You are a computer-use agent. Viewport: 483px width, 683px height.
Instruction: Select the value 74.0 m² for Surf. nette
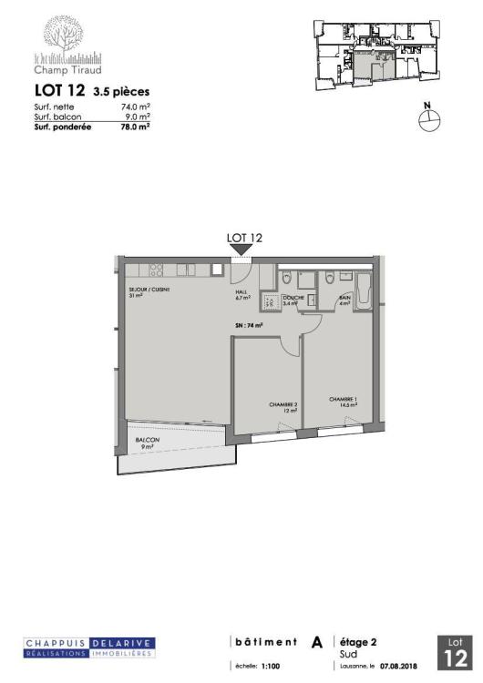coord(136,107)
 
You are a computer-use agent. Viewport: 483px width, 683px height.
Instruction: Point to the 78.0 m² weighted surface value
coord(136,127)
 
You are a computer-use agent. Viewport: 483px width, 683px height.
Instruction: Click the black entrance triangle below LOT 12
coord(244,250)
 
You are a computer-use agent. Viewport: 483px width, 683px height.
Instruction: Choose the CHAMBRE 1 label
coord(344,401)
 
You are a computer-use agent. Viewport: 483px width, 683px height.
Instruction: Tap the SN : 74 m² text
coord(248,325)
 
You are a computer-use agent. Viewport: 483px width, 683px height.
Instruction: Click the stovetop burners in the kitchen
coord(156,270)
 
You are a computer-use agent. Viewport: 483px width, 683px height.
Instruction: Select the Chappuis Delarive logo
coord(89,647)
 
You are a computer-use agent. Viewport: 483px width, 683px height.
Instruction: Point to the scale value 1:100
coord(271,666)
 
